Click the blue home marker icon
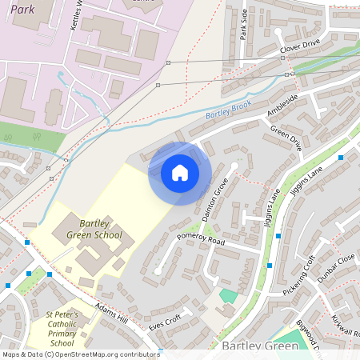pyautogui.click(x=180, y=173)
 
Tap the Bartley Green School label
pyautogui.click(x=101, y=228)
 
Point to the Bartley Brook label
pyautogui.click(x=228, y=110)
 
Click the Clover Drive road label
pyautogui.click(x=300, y=50)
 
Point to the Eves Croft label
pyautogui.click(x=166, y=323)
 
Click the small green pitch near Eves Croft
pyautogui.click(x=228, y=296)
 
